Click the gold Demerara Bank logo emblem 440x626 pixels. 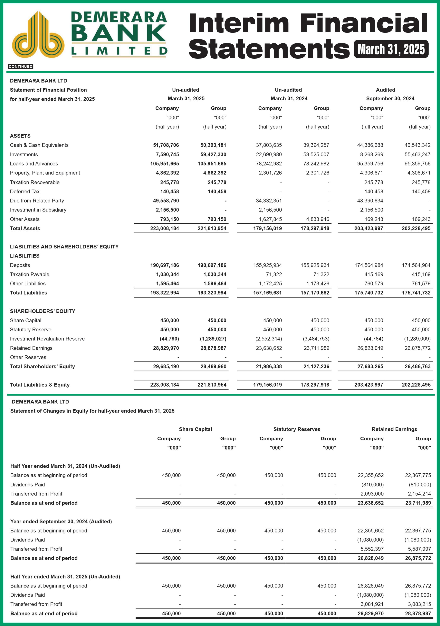tap(38, 35)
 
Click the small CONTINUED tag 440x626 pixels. tap(20, 67)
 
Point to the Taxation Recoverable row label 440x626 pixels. tap(35, 182)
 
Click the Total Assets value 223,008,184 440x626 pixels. tap(164, 228)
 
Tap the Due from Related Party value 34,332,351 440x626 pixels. tap(269, 201)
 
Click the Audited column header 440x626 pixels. tap(385, 90)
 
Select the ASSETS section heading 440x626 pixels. tap(20, 136)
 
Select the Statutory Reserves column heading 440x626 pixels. tap(297, 429)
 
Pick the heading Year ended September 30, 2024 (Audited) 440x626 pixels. tap(61, 522)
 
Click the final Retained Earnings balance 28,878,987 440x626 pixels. tap(418, 614)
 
